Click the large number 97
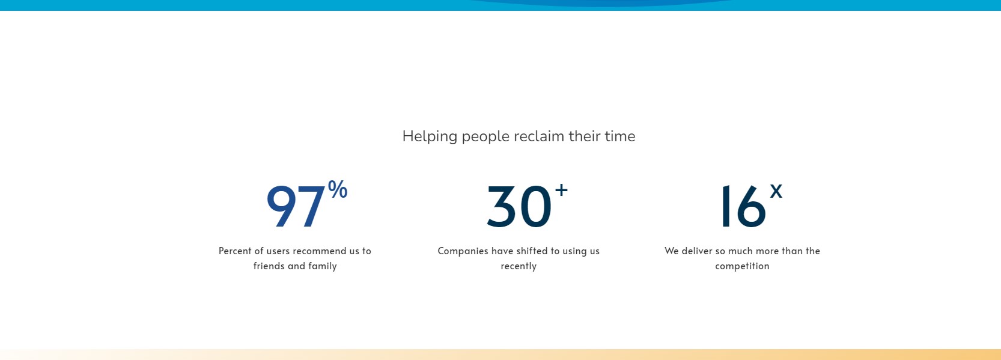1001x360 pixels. pos(296,207)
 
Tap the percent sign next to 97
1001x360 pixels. pos(338,189)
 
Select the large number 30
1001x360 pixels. pos(519,207)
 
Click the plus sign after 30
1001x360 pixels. pos(561,190)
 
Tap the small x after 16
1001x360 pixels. pos(776,191)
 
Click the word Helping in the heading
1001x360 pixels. pos(430,137)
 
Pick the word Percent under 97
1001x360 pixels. pos(235,251)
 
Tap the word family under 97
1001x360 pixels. pos(323,266)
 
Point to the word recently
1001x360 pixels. pos(519,266)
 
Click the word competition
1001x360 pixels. pos(742,266)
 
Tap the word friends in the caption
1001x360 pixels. pos(269,266)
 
